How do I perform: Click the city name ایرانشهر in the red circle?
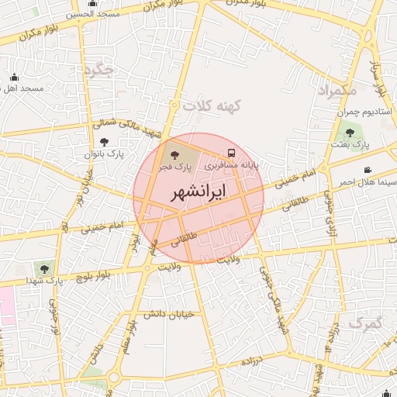tap(199, 191)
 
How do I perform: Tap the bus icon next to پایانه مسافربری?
tap(232, 153)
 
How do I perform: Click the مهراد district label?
tap(339, 91)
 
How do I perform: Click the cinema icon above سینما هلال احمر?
tap(367, 170)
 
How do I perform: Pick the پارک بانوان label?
tap(105, 154)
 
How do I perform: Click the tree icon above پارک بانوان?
tap(105, 142)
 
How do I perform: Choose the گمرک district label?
tap(365, 322)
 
